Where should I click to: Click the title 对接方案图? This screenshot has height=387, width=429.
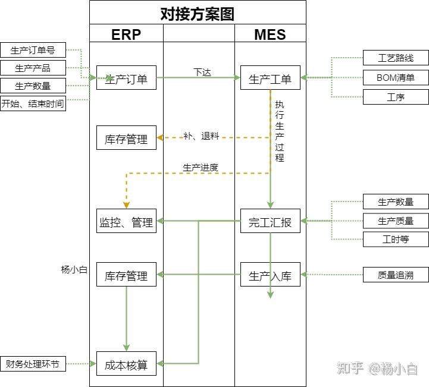coord(198,13)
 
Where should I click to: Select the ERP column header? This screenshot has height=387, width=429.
coord(126,34)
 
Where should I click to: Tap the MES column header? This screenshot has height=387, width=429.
coord(270,34)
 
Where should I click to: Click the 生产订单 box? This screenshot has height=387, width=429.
coord(126,78)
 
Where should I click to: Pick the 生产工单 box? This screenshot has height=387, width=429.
coord(270,78)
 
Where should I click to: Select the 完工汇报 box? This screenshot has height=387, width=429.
coord(270,221)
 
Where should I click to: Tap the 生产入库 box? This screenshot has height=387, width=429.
coord(270,275)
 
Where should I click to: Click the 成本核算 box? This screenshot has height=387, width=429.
coord(126,364)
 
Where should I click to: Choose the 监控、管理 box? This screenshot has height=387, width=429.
coord(126,221)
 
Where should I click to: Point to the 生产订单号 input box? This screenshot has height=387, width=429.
coord(33,51)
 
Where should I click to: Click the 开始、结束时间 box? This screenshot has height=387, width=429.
coord(33,103)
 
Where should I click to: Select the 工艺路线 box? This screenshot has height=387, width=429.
coord(396,58)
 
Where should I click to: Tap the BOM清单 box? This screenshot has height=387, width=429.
coord(396,78)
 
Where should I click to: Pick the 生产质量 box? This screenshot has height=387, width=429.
coord(396,221)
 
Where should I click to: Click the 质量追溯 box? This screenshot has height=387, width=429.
coord(396,275)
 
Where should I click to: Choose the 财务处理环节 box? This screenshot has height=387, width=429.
coord(33,364)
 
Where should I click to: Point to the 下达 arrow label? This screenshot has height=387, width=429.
coord(202,72)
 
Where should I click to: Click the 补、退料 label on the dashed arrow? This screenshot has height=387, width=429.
coord(201,136)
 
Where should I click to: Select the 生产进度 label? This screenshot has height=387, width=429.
coord(201,168)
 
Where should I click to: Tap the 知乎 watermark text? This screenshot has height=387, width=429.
coord(350,369)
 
